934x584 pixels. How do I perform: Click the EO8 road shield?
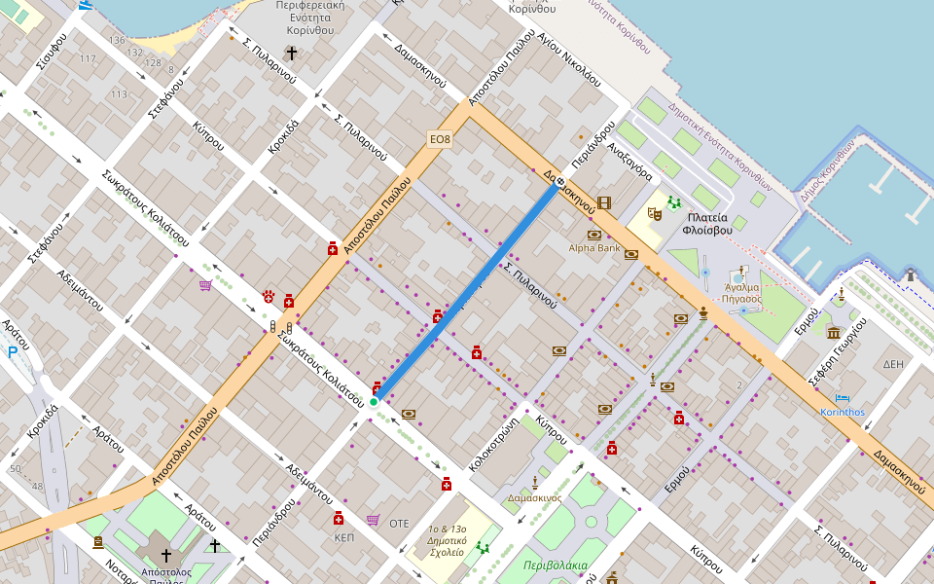tap(441, 139)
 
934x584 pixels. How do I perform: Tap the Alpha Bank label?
tap(594, 248)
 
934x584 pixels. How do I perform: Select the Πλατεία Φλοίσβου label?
tap(707, 224)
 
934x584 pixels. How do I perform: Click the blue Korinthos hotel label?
tap(843, 412)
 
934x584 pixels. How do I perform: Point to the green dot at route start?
tap(374, 401)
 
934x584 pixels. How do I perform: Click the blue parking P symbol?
tap(13, 352)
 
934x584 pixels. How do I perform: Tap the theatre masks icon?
tap(654, 209)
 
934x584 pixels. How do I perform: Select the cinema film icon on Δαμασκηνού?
tap(605, 203)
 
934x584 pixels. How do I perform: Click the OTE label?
tap(399, 523)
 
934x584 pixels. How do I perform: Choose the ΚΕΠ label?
tap(343, 536)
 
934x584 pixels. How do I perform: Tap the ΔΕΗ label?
tap(893, 364)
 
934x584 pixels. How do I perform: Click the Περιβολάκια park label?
tap(555, 565)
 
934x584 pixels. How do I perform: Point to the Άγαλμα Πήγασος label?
tap(743, 294)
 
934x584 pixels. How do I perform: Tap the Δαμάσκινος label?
tap(534, 497)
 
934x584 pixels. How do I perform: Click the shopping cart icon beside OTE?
tap(373, 520)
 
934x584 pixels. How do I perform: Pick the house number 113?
tap(119, 94)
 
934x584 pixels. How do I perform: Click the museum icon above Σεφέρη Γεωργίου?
tap(834, 333)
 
